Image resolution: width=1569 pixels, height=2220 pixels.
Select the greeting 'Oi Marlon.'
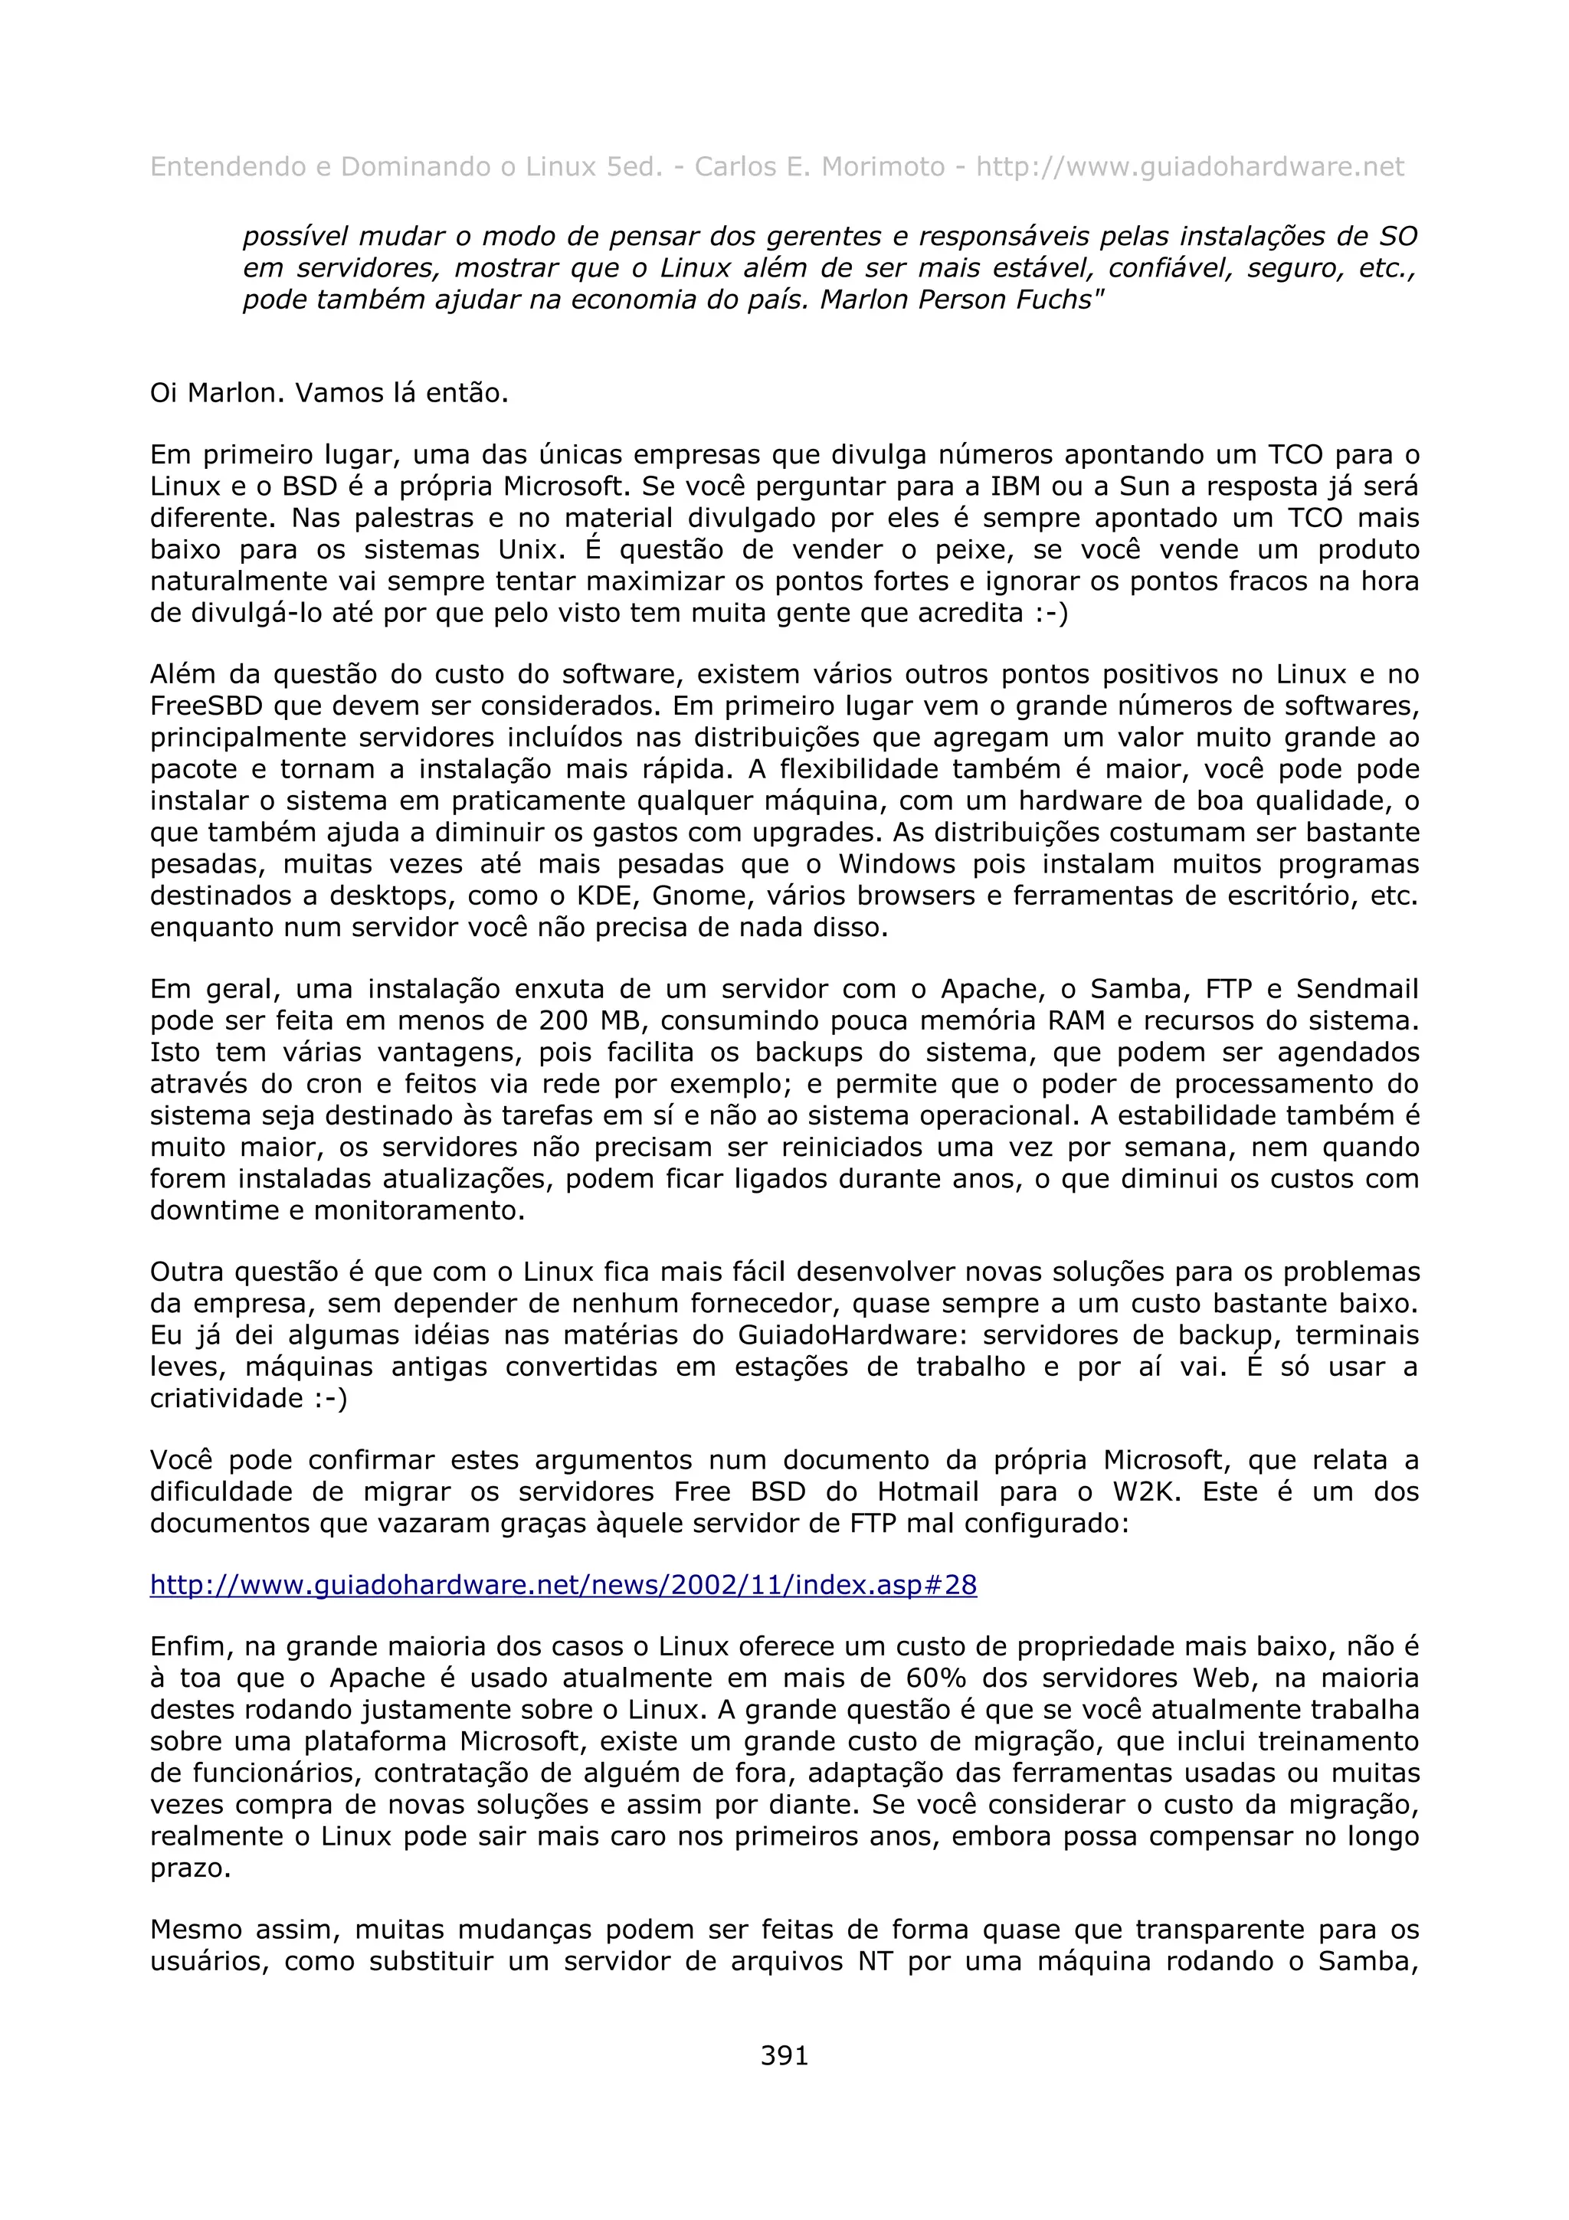coord(218,394)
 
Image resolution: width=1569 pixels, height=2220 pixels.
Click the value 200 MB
coord(588,1021)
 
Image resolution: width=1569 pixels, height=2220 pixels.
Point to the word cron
coord(335,1084)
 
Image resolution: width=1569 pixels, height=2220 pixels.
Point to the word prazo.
coord(189,1868)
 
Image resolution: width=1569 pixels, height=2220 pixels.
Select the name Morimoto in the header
coord(882,167)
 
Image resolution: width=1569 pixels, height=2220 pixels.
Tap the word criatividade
coord(226,1399)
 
